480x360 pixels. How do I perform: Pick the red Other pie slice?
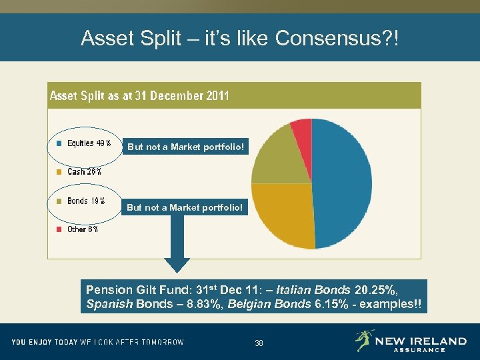(x=302, y=130)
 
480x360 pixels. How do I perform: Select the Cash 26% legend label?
(x=84, y=172)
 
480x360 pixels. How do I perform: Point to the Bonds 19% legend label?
(x=86, y=201)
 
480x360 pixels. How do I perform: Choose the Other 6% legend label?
(x=83, y=229)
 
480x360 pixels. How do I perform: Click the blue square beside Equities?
(x=59, y=143)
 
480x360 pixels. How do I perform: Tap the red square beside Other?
(x=59, y=229)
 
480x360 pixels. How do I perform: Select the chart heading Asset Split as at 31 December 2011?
(x=139, y=96)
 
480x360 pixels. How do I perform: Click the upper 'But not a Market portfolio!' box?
(x=186, y=147)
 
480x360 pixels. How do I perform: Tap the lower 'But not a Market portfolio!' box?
(x=185, y=207)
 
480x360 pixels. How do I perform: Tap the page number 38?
(x=259, y=343)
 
